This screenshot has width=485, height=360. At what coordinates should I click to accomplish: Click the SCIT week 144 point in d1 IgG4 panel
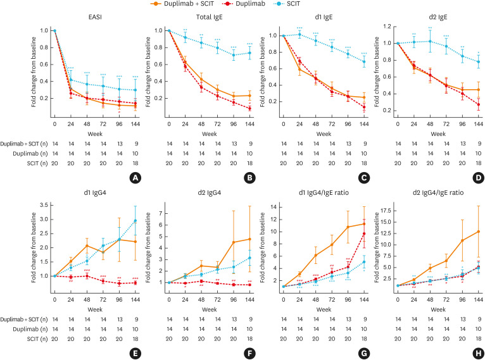pyautogui.click(x=135, y=221)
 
